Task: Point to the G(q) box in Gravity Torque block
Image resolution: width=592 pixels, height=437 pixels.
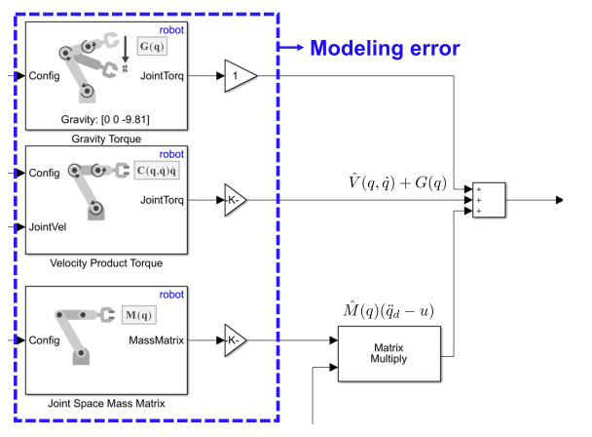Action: tap(152, 46)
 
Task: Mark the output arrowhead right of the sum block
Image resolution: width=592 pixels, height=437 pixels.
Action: tap(558, 200)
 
